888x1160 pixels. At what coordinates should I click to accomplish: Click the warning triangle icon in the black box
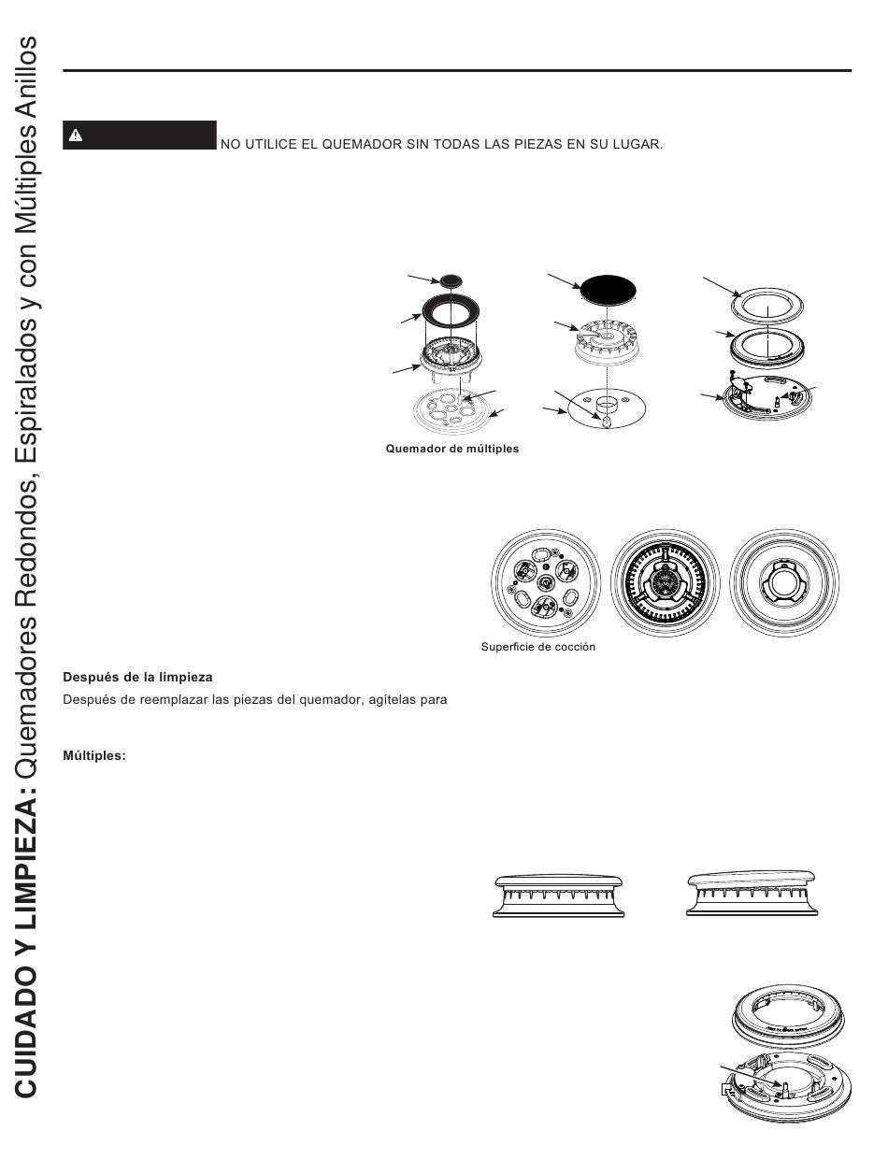[76, 136]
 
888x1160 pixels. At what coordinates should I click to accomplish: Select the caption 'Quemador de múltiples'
[452, 449]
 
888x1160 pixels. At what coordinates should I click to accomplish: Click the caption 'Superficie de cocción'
[537, 647]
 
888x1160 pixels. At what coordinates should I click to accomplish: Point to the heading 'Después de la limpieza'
[138, 677]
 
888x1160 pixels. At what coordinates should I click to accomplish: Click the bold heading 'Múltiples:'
[93, 755]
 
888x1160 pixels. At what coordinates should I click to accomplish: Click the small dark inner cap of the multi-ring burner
[451, 279]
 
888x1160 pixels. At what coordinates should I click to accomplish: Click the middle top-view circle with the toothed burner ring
[665, 581]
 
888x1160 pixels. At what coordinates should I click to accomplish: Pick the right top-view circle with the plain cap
[784, 581]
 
